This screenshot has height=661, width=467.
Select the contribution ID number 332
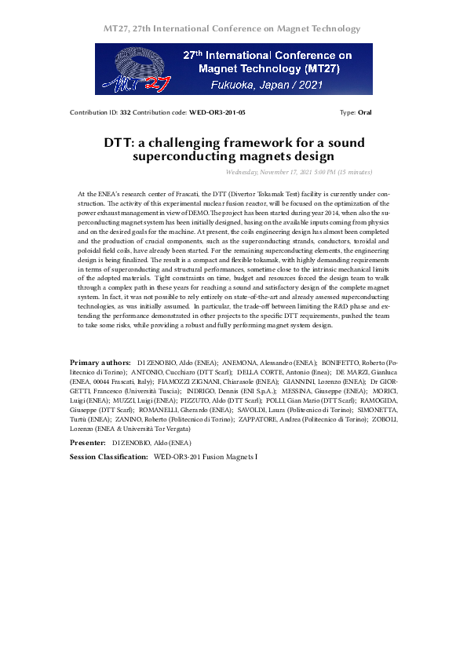click(125, 112)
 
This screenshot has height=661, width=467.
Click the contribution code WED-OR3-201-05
click(217, 112)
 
